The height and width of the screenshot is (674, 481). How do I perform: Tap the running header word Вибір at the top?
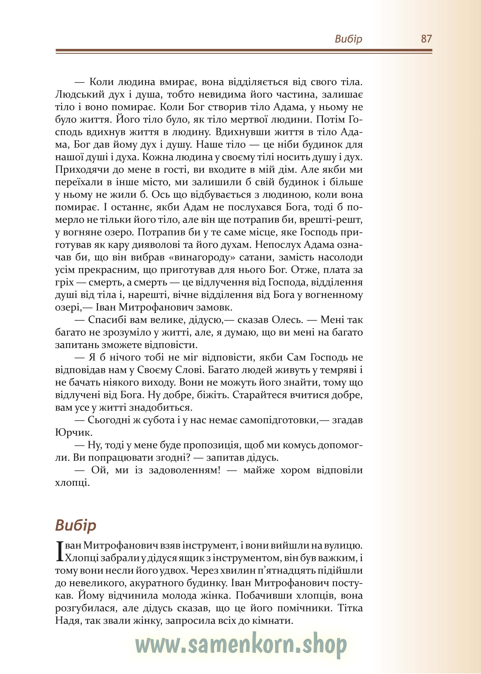click(348, 39)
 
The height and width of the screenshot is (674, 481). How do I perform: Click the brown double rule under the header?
click(244, 51)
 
